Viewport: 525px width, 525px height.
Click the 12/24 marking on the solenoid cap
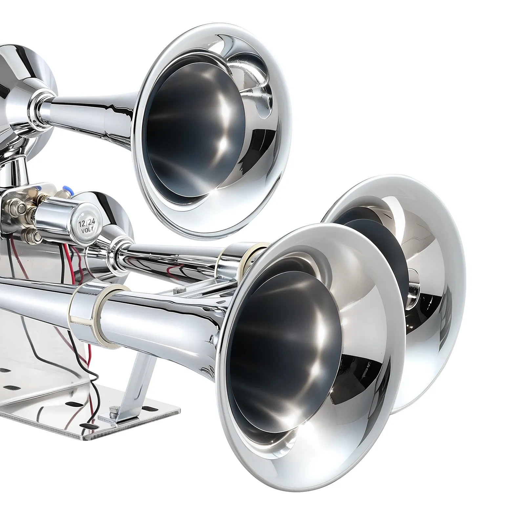pos(84,224)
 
